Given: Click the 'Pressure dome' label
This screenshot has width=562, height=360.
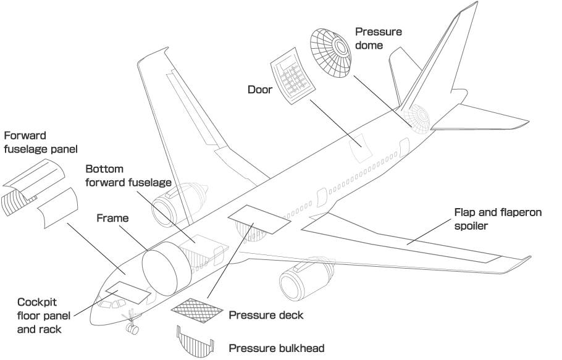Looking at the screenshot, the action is [x=379, y=38].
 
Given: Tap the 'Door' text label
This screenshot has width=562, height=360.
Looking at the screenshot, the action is [x=260, y=90].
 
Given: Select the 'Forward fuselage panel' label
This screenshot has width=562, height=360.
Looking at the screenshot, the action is [x=41, y=142].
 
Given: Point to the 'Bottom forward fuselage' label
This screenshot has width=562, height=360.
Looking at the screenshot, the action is [x=128, y=175].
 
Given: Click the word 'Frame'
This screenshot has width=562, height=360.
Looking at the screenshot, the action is [x=112, y=218].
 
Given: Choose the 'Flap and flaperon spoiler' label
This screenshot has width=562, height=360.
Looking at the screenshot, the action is [x=498, y=219].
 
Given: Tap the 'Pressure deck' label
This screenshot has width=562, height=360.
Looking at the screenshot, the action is [x=266, y=315].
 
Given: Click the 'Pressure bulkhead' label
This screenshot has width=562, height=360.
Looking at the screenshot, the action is [x=276, y=348].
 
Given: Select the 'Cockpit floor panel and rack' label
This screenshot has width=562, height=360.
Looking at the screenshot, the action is [x=44, y=316].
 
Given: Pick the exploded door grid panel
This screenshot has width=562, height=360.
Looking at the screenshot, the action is [x=293, y=76].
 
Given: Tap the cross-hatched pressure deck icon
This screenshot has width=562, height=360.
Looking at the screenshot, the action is [x=197, y=310].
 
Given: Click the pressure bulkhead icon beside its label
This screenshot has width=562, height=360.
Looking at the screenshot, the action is [x=195, y=341].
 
